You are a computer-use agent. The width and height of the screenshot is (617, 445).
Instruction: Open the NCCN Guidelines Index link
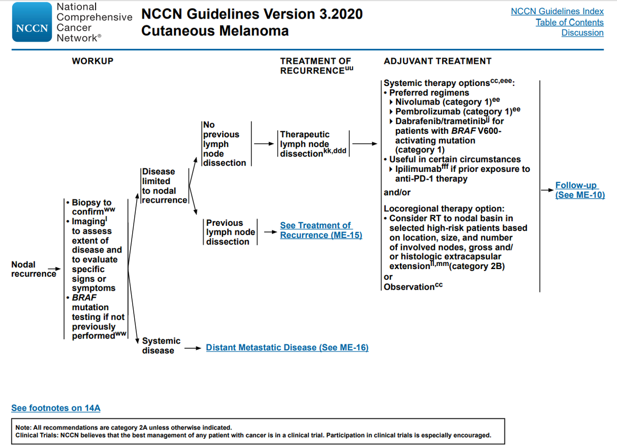tap(557, 11)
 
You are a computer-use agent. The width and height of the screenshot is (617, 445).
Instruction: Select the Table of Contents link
tap(569, 22)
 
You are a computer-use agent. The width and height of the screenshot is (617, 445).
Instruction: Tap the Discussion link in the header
tap(582, 33)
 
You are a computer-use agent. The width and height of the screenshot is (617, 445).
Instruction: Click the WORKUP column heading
tap(93, 61)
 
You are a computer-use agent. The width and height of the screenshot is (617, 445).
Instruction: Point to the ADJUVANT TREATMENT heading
tap(438, 61)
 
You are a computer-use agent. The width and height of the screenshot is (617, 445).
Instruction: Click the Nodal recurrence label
tap(24, 269)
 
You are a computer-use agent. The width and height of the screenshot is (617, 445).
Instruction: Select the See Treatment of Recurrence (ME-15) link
tap(321, 230)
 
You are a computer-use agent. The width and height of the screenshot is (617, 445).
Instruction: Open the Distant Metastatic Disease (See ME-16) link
tap(287, 348)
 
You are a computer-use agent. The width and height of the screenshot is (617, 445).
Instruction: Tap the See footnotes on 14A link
tap(56, 408)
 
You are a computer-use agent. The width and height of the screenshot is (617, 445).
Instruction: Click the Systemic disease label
tap(161, 346)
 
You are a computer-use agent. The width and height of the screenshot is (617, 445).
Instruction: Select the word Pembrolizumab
tap(429, 112)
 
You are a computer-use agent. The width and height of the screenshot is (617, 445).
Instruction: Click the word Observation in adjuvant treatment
tap(408, 287)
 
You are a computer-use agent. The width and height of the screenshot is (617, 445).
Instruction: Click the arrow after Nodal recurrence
tap(53, 269)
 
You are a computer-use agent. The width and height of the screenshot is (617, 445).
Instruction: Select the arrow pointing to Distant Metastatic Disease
tap(193, 348)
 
